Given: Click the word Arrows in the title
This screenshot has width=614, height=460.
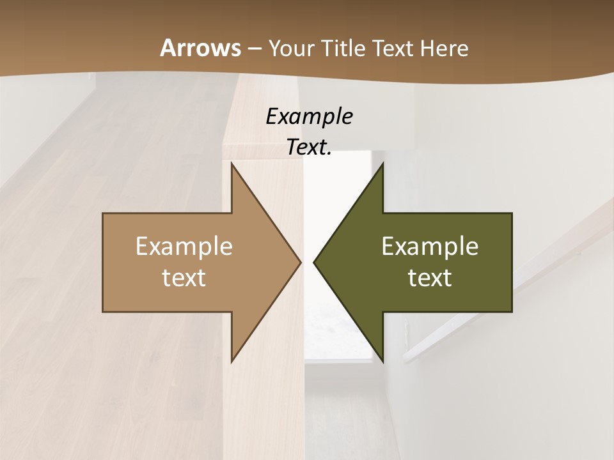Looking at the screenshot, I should pyautogui.click(x=200, y=48).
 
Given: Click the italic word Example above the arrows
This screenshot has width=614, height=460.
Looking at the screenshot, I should pyautogui.click(x=309, y=116).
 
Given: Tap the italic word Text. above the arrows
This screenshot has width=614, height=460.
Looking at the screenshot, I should pyautogui.click(x=309, y=147).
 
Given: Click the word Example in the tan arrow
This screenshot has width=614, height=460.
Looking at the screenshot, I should pyautogui.click(x=184, y=246).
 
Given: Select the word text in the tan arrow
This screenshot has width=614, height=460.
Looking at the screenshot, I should pyautogui.click(x=184, y=277).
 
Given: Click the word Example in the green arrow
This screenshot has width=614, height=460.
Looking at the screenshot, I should pyautogui.click(x=430, y=246).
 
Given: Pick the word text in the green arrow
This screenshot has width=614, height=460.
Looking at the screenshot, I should pyautogui.click(x=430, y=277).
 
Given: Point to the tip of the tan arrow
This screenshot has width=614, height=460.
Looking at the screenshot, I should pyautogui.click(x=300, y=262).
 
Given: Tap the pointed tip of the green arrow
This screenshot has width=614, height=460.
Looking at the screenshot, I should pyautogui.click(x=314, y=262).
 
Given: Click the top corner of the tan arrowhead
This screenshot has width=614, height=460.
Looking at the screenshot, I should pyautogui.click(x=232, y=164).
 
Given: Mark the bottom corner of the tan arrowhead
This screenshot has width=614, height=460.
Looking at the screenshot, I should pyautogui.click(x=232, y=361).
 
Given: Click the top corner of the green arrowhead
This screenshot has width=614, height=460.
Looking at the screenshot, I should pyautogui.click(x=382, y=164).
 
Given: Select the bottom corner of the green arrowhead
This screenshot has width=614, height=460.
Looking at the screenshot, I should pyautogui.click(x=382, y=361).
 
